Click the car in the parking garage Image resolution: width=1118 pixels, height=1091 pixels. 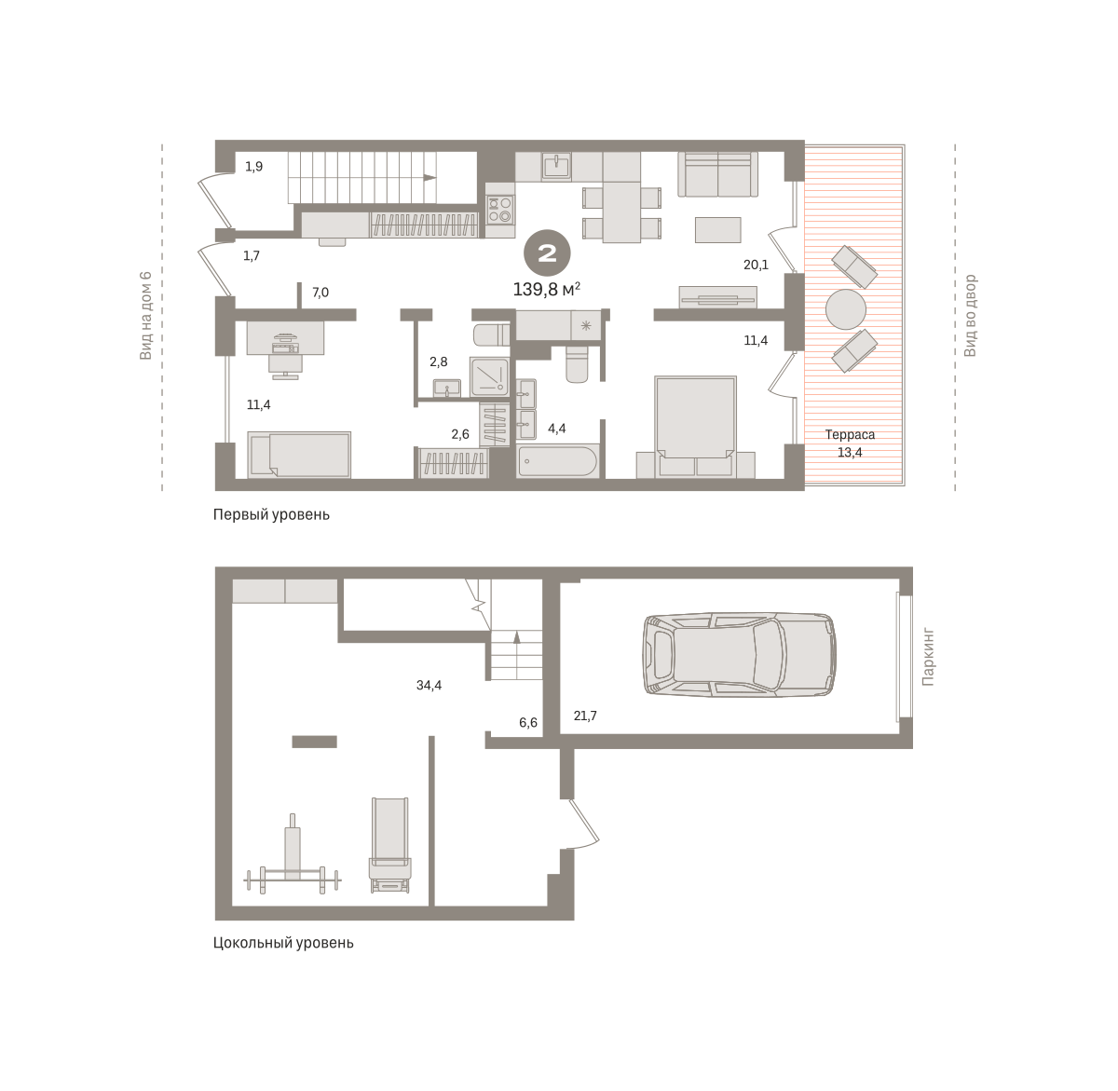739,654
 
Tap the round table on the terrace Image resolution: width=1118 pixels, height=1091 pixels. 845,309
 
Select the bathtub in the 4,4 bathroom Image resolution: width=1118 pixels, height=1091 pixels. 557,461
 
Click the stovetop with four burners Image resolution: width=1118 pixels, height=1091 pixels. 499,209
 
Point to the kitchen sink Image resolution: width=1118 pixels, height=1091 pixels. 556,166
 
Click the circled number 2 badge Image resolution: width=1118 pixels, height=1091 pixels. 547,253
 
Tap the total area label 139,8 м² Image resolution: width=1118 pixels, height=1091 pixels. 546,289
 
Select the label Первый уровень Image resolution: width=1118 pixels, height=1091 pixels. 271,514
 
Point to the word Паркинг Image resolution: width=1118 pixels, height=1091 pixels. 928,657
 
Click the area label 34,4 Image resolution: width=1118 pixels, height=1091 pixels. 429,685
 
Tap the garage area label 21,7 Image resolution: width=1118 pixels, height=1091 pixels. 585,716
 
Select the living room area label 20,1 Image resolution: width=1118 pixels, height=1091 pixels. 756,265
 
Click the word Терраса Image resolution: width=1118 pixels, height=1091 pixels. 850,435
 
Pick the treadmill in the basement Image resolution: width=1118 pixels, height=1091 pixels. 390,844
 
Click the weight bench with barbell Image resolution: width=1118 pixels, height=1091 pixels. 293,854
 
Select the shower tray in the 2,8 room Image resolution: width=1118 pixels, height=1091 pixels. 489,377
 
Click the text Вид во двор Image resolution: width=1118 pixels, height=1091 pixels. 970,316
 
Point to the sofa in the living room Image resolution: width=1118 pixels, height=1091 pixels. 717,174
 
